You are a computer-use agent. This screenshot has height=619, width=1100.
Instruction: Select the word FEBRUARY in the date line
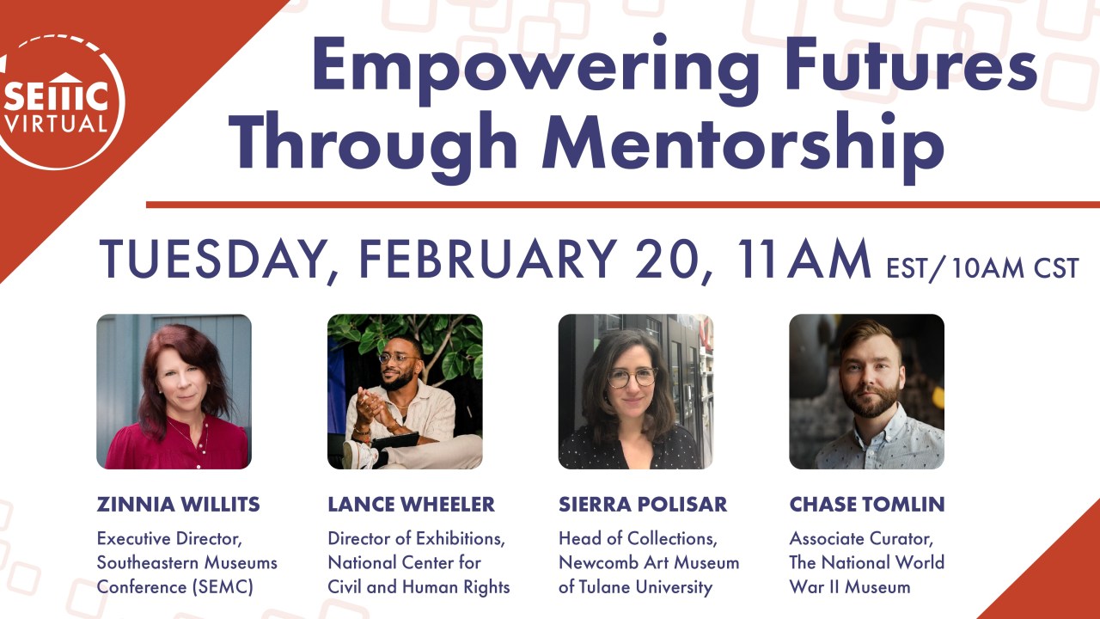tap(487, 259)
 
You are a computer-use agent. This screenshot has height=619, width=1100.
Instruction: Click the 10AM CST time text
tap(1015, 268)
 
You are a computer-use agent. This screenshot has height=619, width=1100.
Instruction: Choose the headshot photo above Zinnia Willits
tap(174, 391)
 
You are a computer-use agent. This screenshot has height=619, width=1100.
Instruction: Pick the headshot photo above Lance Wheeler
tap(405, 391)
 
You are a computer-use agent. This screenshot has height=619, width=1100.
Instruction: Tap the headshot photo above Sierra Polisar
tap(635, 391)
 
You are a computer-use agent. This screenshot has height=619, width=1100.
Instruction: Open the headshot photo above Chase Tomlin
tap(867, 391)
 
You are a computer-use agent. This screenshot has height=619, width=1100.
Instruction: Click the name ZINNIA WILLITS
tap(178, 505)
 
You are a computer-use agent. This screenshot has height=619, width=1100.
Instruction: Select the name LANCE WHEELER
tap(412, 505)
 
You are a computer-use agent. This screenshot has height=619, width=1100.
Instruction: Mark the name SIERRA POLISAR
tap(643, 505)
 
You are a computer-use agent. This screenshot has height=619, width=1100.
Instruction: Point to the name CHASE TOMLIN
tap(867, 505)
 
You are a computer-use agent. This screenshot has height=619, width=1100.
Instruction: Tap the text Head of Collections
tap(638, 539)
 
